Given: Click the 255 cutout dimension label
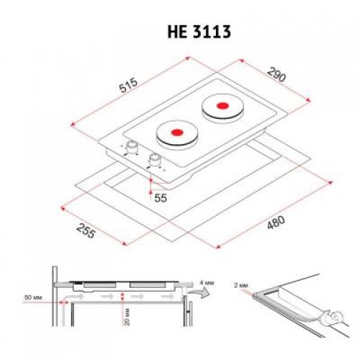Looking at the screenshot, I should (87, 231).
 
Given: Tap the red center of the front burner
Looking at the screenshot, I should (174, 134).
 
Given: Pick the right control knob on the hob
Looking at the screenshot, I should (153, 161).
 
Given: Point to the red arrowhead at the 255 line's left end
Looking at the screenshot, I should (64, 207).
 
